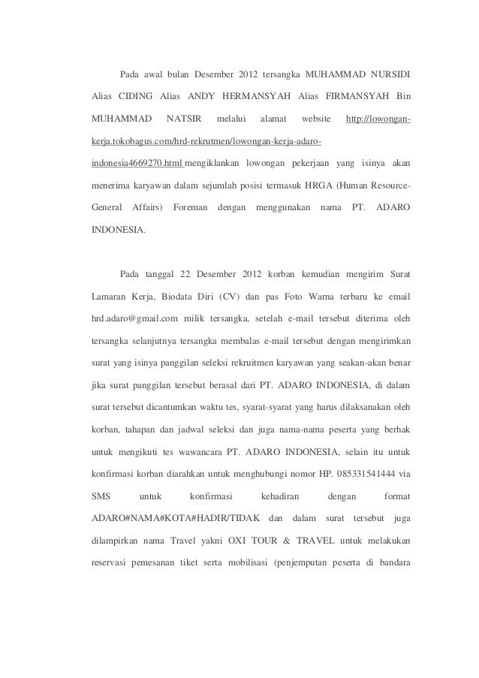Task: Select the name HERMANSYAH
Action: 252,97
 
